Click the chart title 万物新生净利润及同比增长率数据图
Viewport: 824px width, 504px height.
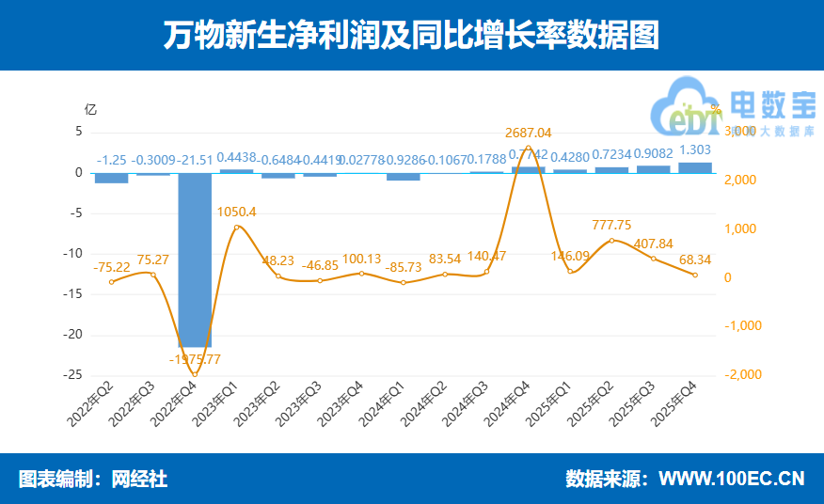tap(411, 36)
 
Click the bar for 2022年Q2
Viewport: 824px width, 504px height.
tap(112, 178)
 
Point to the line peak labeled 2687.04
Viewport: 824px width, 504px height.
tap(529, 147)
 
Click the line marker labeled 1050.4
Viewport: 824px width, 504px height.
tap(236, 227)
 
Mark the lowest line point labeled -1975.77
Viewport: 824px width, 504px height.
tap(195, 374)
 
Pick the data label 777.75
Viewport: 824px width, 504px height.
tap(611, 225)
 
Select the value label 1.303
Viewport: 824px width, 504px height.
tap(695, 150)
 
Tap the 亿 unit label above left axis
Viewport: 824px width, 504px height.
tap(90, 108)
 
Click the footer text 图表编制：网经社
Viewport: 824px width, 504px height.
tap(93, 479)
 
